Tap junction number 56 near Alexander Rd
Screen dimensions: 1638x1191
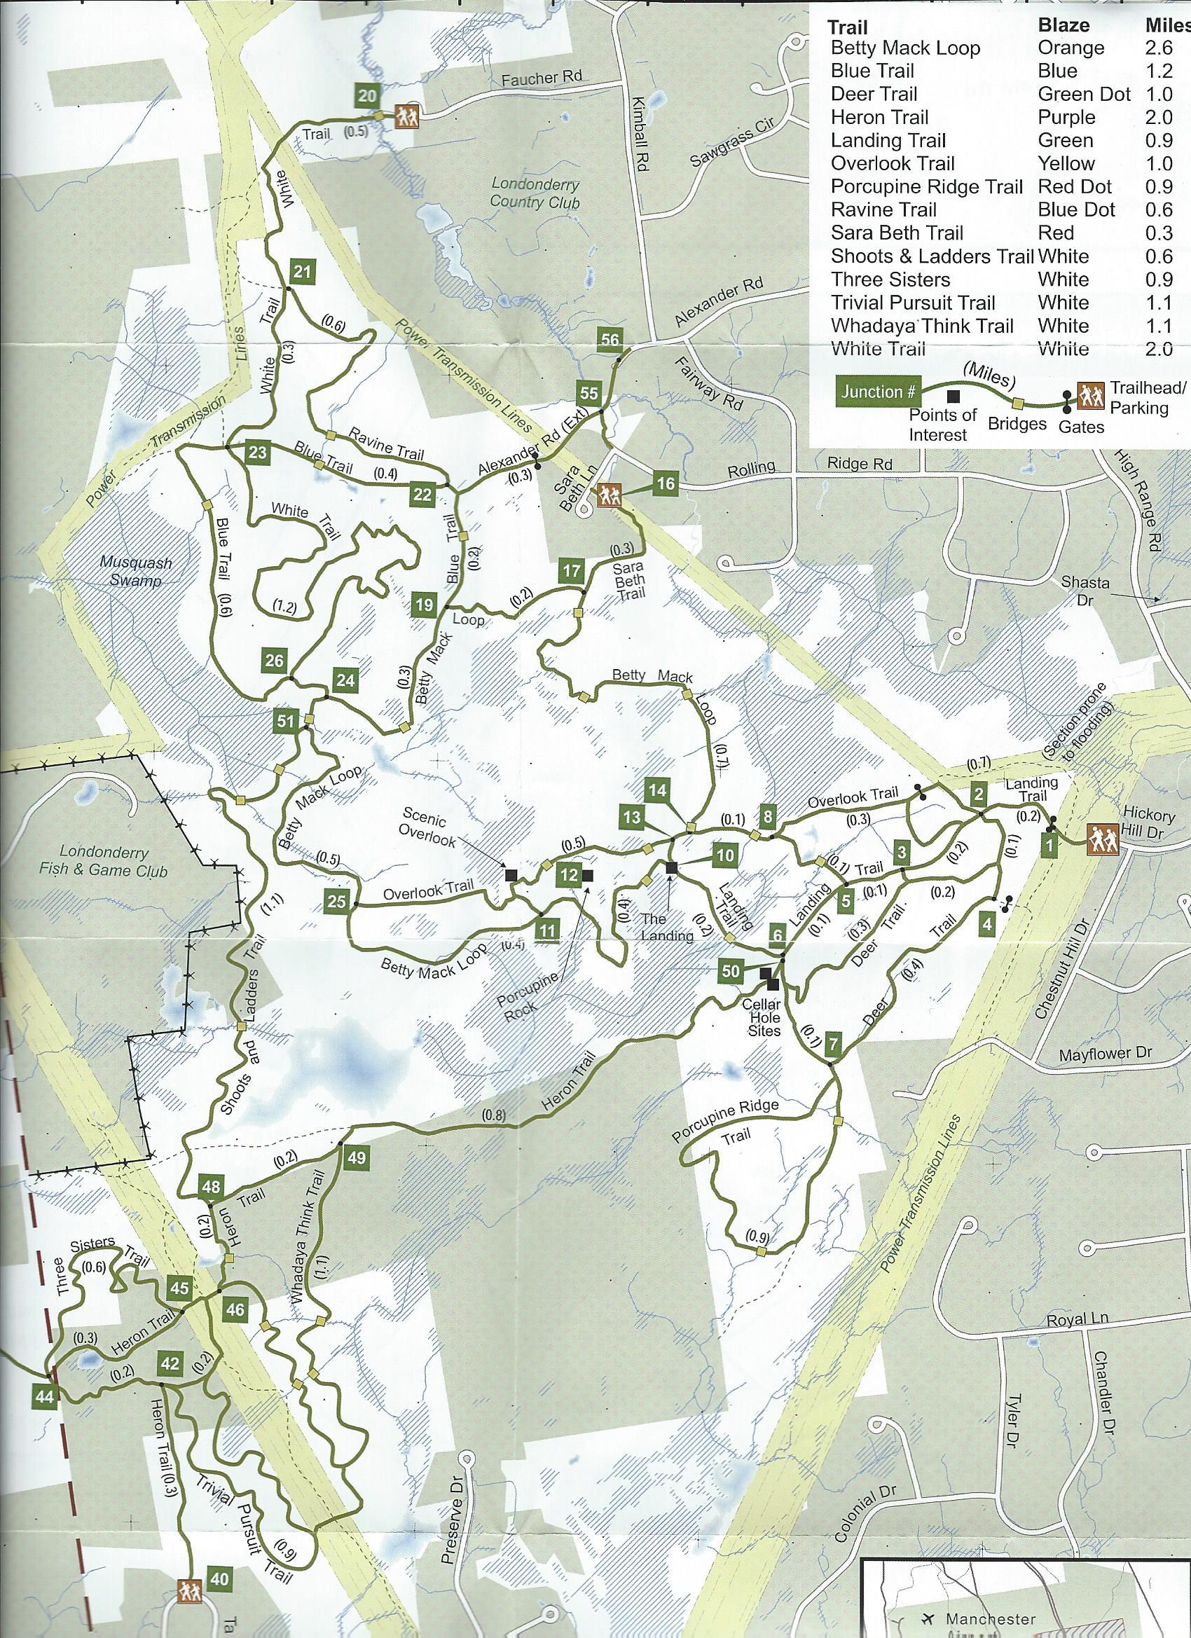pyautogui.click(x=610, y=340)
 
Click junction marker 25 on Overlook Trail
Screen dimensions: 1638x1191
pyautogui.click(x=336, y=900)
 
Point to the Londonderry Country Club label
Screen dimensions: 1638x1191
pyautogui.click(x=535, y=193)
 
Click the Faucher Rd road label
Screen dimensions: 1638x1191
pyautogui.click(x=542, y=78)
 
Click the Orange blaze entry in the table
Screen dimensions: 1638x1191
pyautogui.click(x=1071, y=48)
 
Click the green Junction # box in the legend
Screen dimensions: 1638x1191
pyautogui.click(x=877, y=392)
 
